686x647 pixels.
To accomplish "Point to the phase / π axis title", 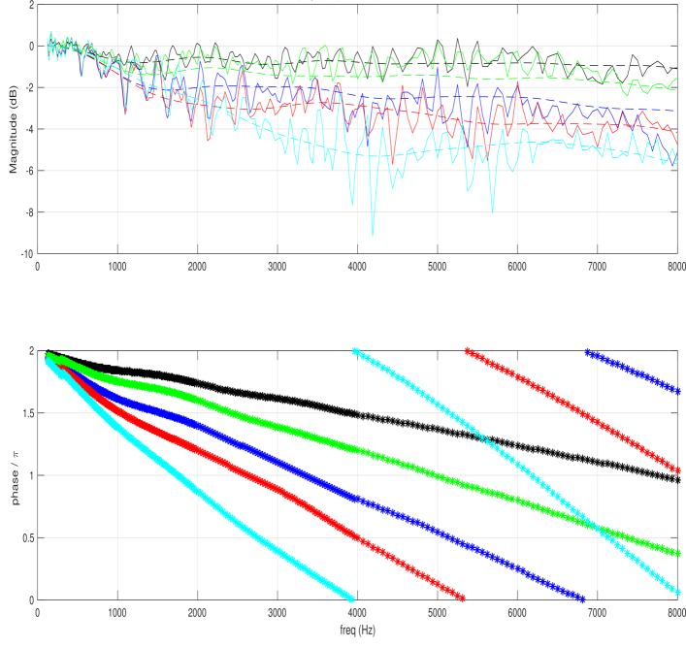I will pos(14,475).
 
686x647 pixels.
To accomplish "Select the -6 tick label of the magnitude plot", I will pos(27,171).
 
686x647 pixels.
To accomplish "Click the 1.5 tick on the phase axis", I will pos(25,412).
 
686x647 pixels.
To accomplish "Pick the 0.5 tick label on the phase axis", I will pos(25,537).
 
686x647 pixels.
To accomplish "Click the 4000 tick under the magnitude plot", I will pos(357,265).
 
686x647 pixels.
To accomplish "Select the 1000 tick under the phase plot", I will pos(117,612).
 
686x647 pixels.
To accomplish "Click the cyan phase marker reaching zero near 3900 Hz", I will pos(350,598).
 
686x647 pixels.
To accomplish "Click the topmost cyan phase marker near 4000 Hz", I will pos(355,351).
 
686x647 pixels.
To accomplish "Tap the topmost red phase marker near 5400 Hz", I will pos(468,351).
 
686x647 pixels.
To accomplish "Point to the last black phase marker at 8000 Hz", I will pos(677,479).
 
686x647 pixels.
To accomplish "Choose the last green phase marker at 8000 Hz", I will pos(677,553).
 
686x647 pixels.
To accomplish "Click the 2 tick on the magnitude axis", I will pos(30,5).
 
